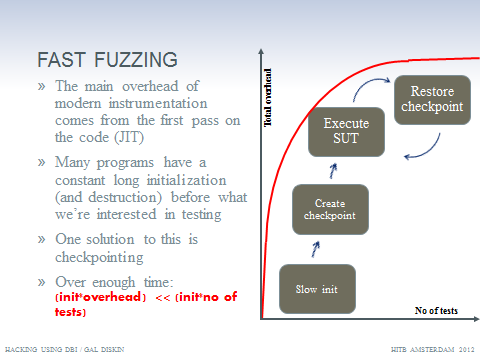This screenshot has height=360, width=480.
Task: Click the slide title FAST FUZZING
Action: [x=107, y=60]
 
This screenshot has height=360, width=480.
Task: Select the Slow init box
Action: [x=317, y=289]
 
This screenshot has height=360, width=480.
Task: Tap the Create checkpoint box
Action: [x=330, y=209]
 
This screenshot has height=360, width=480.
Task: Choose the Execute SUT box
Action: [x=346, y=132]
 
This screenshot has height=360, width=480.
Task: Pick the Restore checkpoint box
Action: [x=432, y=100]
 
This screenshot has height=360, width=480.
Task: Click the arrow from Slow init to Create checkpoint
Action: [x=315, y=249]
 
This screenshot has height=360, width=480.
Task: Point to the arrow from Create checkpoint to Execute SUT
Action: [x=333, y=171]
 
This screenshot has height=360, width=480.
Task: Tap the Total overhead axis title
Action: [x=268, y=98]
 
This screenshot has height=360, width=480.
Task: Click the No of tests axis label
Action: [x=436, y=311]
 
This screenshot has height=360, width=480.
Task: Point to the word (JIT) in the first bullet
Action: [x=129, y=137]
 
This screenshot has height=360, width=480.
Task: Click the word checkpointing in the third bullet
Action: [x=99, y=257]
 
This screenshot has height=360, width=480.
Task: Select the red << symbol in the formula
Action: [x=163, y=298]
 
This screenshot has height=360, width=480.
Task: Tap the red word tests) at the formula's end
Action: [x=70, y=312]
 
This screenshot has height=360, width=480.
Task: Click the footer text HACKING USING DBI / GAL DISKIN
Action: [x=65, y=349]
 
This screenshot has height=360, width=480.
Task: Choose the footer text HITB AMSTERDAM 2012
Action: [x=432, y=349]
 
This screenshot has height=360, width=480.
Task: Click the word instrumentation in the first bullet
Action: [x=158, y=103]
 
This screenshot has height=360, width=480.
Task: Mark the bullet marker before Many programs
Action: [x=41, y=163]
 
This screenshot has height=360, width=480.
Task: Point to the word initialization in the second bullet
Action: [x=186, y=180]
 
